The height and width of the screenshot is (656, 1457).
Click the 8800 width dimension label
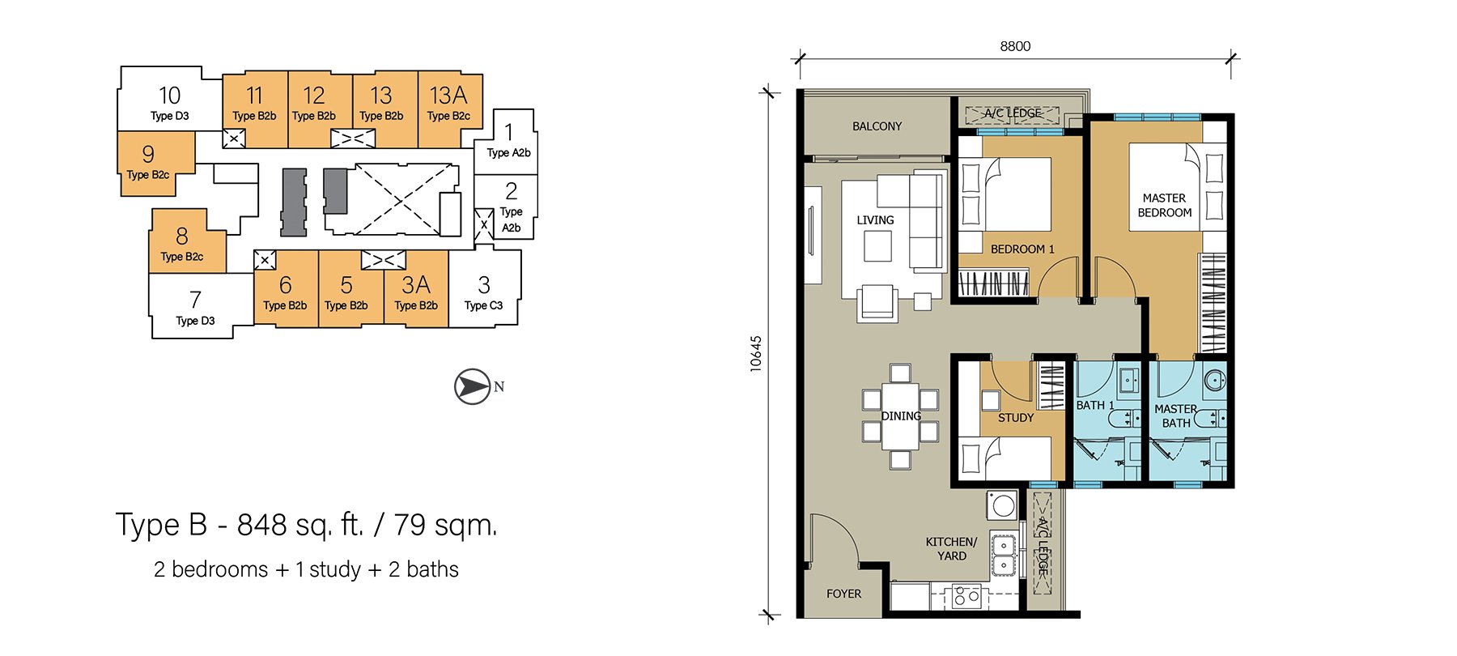[1015, 46]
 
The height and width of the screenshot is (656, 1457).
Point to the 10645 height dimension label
[755, 354]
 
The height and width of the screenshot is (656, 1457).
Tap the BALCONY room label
[877, 126]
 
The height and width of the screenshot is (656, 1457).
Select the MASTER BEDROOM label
[1165, 205]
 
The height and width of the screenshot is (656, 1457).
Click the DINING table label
[901, 416]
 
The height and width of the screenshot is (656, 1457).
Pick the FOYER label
[843, 594]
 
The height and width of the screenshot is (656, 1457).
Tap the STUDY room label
[1016, 418]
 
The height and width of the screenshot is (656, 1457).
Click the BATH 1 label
[1095, 405]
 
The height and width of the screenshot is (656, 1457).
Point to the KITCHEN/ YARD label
[952, 548]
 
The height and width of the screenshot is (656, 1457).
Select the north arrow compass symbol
[474, 386]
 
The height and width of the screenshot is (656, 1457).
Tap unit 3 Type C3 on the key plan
[484, 292]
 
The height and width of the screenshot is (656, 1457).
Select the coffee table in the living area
[877, 246]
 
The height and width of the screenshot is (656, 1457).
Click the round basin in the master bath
[1214, 380]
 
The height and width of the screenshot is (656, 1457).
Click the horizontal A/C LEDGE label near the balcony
[1013, 113]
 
